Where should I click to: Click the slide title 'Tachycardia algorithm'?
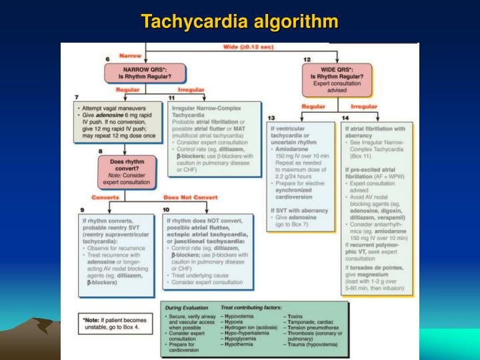pos(240,21)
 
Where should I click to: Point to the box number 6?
pos(108,60)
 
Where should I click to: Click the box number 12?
pos(307,60)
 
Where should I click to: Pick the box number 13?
pos(271,118)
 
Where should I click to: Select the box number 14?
pos(345,118)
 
